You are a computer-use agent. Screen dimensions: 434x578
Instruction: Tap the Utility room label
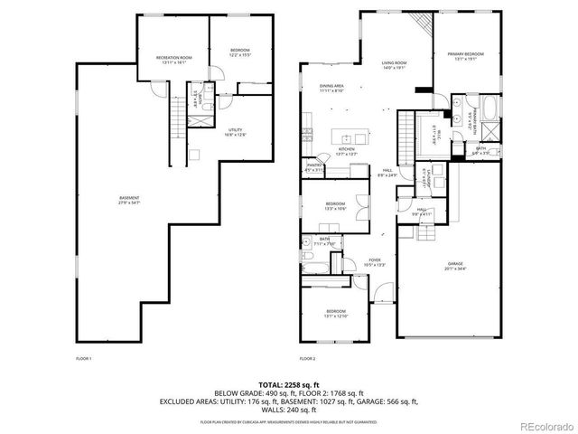[x=238, y=132]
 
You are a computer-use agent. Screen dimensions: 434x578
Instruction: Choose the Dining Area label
[x=332, y=88]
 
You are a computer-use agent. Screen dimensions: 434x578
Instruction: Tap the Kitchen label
[x=347, y=151]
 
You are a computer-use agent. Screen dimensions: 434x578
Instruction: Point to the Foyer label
[x=374, y=262]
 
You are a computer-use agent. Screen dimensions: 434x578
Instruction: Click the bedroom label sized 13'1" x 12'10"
[x=336, y=313]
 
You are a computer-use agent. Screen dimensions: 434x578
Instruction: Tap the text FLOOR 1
[x=83, y=359]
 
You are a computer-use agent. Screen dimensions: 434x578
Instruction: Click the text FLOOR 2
[x=310, y=359]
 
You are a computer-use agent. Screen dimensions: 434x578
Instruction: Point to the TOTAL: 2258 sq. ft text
[x=289, y=383]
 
